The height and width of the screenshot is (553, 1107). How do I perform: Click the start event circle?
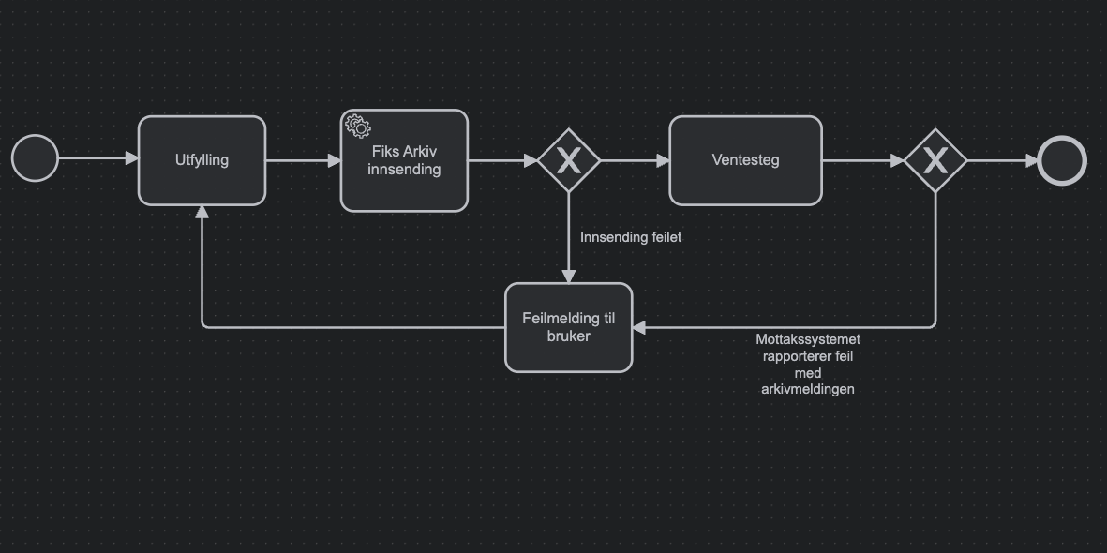tap(35, 159)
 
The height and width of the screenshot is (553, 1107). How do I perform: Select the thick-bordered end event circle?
tap(1062, 161)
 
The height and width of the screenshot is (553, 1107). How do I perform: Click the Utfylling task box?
tap(202, 160)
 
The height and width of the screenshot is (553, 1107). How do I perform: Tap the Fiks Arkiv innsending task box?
tap(404, 161)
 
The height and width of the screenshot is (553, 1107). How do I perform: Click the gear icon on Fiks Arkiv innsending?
tap(356, 125)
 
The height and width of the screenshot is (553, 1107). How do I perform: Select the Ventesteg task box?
tap(745, 160)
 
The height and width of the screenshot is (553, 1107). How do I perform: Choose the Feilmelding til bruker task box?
tap(569, 327)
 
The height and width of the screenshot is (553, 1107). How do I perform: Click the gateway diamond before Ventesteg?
tap(569, 161)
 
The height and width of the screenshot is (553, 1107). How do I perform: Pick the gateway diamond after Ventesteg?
tap(935, 161)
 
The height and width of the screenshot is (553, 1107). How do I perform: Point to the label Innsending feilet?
tap(631, 237)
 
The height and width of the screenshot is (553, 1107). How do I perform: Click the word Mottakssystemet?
tap(808, 339)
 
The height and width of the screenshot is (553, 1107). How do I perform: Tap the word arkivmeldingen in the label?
tap(808, 389)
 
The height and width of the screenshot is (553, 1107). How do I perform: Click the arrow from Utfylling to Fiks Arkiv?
tap(303, 160)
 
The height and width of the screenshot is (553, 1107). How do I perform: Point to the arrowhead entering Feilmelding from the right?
tap(639, 327)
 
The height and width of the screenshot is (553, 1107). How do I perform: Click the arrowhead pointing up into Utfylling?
tap(202, 212)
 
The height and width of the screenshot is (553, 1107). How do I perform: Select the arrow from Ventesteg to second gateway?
tap(862, 161)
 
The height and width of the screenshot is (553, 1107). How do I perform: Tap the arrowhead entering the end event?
tap(1030, 161)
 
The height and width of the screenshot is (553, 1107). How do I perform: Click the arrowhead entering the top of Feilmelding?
tap(569, 276)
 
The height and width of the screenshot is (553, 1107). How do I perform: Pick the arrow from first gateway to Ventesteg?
tap(635, 161)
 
